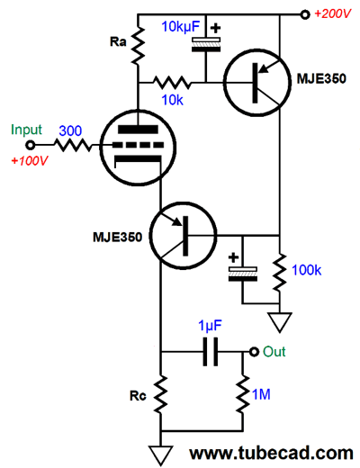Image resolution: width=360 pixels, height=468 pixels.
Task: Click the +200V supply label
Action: click(x=332, y=13)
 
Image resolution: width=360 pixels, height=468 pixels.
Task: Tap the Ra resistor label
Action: click(x=118, y=41)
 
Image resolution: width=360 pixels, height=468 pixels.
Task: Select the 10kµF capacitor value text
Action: click(x=181, y=26)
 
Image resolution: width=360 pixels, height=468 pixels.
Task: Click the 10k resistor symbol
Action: click(x=172, y=83)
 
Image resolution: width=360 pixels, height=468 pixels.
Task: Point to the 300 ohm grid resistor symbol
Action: click(x=73, y=146)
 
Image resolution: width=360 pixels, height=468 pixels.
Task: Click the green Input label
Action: click(x=26, y=130)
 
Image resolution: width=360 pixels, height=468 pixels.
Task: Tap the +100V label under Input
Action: click(x=29, y=161)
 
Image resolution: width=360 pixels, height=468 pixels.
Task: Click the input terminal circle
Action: click(x=31, y=146)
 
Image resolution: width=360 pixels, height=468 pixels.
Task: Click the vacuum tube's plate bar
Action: click(x=138, y=130)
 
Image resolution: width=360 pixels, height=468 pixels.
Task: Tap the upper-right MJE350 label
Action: click(x=321, y=78)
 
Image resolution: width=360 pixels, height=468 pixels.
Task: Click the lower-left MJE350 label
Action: click(x=117, y=237)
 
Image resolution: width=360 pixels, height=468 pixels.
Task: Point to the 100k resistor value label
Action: click(x=306, y=270)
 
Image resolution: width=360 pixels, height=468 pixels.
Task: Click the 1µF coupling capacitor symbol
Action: click(x=211, y=352)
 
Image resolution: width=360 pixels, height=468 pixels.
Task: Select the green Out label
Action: click(x=274, y=352)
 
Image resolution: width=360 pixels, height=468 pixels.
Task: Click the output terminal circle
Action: click(x=254, y=352)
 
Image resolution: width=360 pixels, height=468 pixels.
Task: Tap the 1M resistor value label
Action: click(x=261, y=394)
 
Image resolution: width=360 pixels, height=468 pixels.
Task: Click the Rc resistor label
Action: click(x=138, y=396)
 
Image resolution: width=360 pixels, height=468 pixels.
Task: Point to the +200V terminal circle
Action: click(x=305, y=14)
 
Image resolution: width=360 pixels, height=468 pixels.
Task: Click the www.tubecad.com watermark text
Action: click(x=272, y=453)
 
